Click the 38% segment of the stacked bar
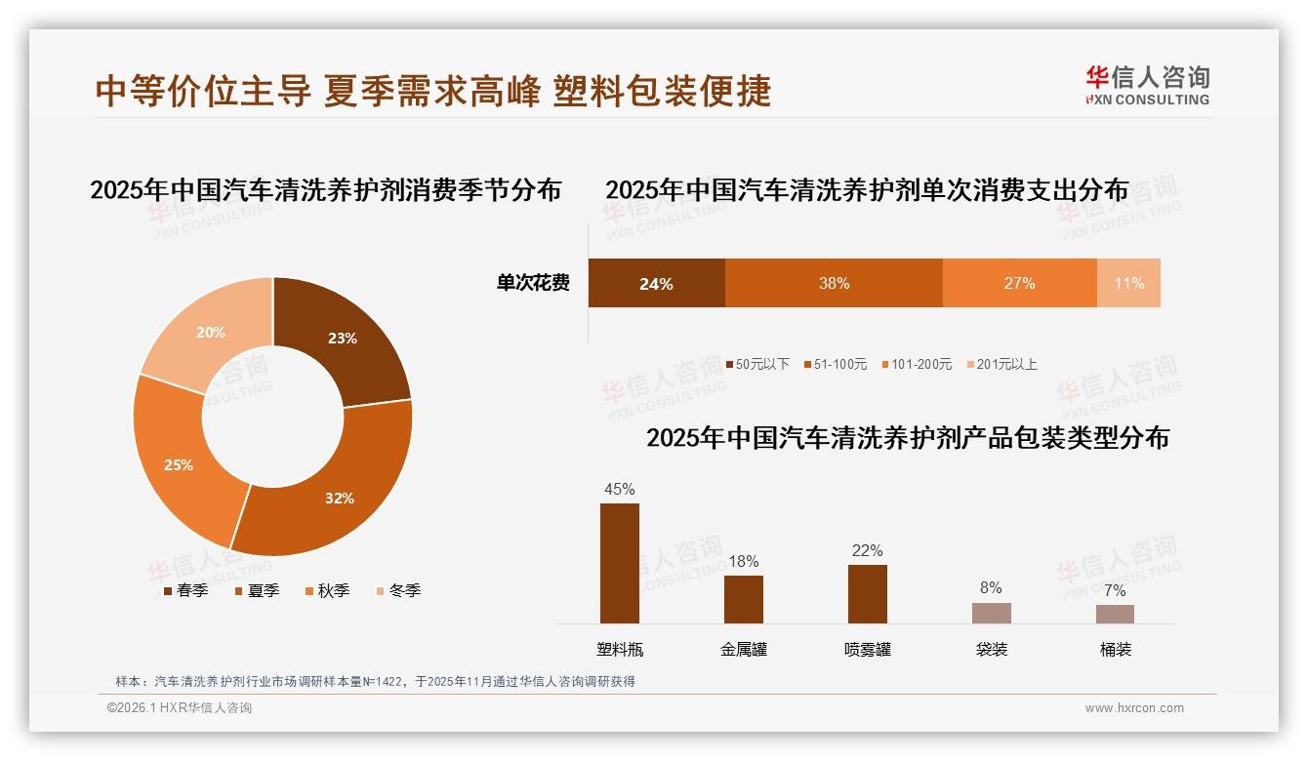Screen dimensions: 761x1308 point(834,283)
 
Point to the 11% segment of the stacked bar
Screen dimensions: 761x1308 point(1129,283)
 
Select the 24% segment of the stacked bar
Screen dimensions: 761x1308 point(656,283)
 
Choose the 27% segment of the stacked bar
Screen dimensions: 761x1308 point(1019,283)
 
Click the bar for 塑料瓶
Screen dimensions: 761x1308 point(620,563)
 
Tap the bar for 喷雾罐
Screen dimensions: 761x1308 point(868,593)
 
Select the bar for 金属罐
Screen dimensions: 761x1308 point(744,599)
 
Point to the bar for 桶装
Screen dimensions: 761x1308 point(1115,614)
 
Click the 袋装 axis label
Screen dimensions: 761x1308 point(992,650)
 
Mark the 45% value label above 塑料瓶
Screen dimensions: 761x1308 point(620,489)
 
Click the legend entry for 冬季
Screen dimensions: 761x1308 point(398,590)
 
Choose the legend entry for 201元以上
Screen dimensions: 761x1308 point(1001,364)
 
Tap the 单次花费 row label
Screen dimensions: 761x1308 point(533,283)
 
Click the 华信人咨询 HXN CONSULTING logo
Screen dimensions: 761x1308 point(1147,86)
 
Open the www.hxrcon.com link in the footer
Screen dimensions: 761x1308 point(1134,708)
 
